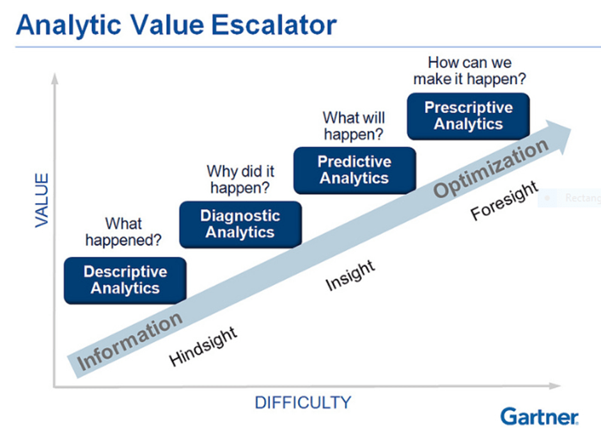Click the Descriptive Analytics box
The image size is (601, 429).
(125, 280)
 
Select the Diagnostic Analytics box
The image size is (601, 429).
(240, 225)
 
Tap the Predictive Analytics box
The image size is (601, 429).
(355, 170)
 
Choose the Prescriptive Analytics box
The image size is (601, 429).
(469, 117)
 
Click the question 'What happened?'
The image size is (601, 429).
(123, 232)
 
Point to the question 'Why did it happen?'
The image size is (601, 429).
(240, 179)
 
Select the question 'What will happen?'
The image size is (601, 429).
(354, 126)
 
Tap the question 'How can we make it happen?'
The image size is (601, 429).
(469, 70)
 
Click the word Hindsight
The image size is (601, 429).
(203, 346)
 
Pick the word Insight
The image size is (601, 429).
(350, 275)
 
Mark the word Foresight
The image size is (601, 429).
(504, 200)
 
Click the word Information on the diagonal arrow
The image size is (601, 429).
(129, 341)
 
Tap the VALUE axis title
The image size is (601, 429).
(42, 200)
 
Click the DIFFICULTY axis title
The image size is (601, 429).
(303, 403)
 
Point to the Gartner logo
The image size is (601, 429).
(539, 416)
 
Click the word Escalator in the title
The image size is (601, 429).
(274, 26)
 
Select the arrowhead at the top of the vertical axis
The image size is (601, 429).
(55, 78)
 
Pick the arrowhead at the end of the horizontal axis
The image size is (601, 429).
(554, 385)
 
